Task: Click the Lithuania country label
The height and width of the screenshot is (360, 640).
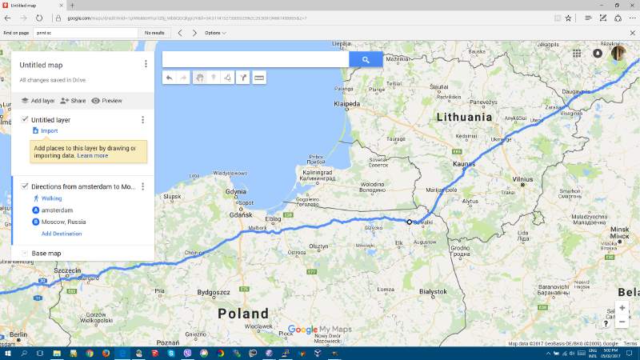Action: [464, 117]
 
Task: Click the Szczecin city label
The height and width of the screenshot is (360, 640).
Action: [67, 270]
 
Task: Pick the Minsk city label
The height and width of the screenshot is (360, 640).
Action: [620, 237]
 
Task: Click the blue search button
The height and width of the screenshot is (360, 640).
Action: [366, 59]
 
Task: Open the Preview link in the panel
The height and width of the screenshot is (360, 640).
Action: [111, 101]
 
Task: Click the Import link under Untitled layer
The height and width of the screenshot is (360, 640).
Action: [49, 130]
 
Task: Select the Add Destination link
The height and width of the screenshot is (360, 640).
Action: [62, 234]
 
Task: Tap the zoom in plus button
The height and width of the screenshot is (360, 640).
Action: [622, 308]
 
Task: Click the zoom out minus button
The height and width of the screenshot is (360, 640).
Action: [622, 322]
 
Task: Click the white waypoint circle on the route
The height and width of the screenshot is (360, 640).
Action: [409, 222]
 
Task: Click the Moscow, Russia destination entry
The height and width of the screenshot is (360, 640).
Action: [64, 222]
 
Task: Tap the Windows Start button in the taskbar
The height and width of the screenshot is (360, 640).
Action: [7, 352]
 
